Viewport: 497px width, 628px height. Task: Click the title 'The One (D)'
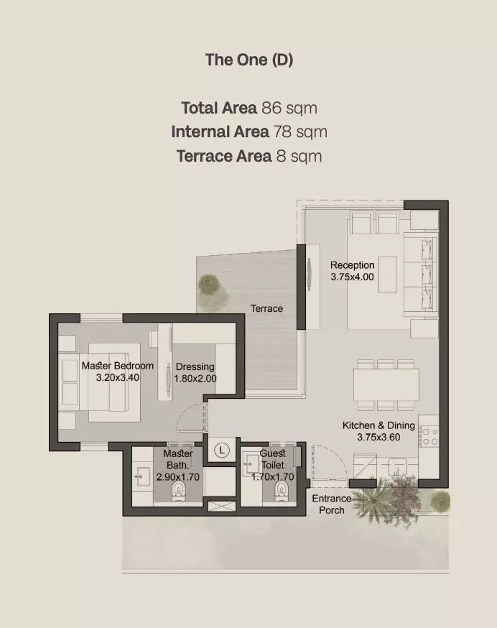click(249, 60)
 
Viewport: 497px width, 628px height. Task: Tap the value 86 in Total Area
click(271, 108)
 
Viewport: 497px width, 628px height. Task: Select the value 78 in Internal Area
click(282, 131)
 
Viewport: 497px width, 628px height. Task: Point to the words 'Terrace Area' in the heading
click(224, 156)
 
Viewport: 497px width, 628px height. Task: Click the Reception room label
click(353, 265)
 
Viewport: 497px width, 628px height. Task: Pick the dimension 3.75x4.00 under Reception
click(353, 277)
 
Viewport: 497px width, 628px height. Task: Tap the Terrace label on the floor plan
click(266, 308)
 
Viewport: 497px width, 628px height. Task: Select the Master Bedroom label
click(118, 366)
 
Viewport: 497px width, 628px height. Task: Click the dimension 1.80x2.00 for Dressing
click(195, 379)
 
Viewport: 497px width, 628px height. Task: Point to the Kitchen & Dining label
click(378, 425)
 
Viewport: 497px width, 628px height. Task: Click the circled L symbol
click(221, 450)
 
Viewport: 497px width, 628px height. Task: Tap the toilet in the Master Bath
click(178, 491)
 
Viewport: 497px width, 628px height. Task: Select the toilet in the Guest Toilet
click(282, 491)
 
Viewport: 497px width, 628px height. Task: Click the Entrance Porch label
click(332, 504)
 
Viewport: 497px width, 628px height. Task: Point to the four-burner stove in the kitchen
click(429, 436)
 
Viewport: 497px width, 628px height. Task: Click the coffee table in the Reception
click(388, 274)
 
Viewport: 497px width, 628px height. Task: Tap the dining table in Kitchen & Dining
click(386, 385)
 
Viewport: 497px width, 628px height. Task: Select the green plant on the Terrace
click(209, 285)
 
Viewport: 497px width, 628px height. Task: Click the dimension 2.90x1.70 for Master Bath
click(178, 477)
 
